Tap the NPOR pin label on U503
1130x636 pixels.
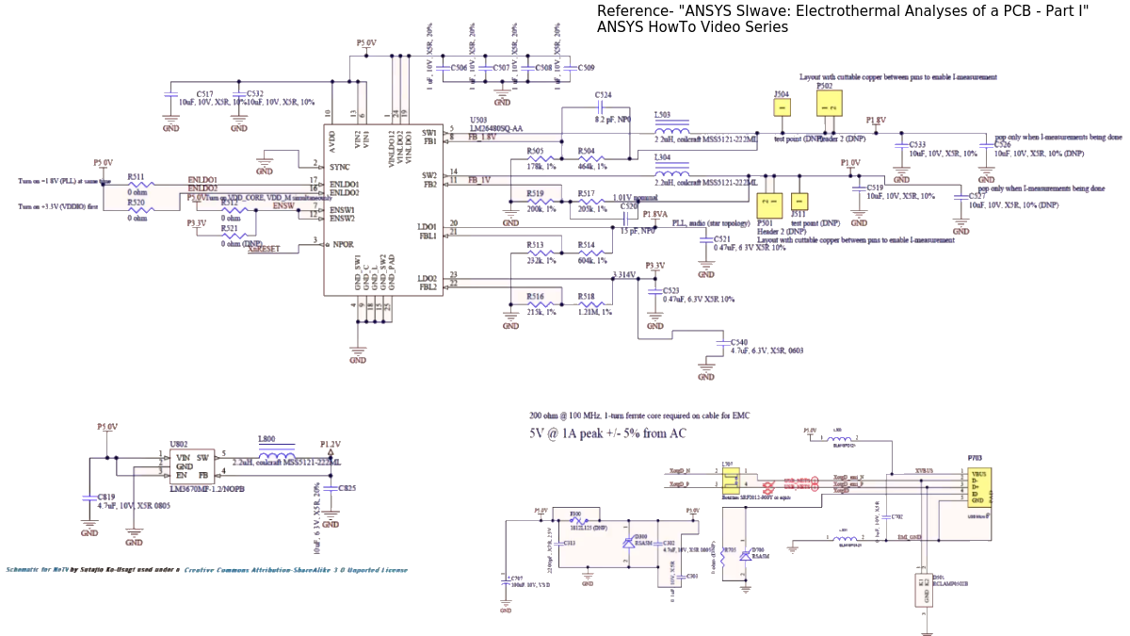[x=341, y=244]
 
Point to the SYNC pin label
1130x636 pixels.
[x=341, y=166]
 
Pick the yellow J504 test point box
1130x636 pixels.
[x=781, y=106]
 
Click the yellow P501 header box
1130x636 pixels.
[x=769, y=204]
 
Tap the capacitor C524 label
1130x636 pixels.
[x=604, y=95]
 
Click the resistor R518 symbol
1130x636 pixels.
[x=585, y=303]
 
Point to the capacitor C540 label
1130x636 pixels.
[x=739, y=342]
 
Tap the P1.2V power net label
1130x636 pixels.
[x=330, y=444]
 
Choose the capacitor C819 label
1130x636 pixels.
[x=106, y=496]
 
